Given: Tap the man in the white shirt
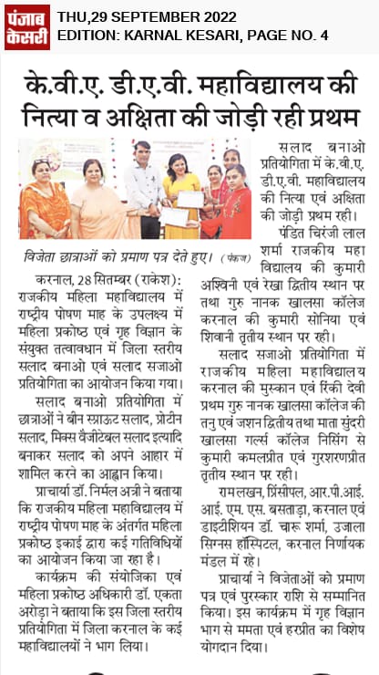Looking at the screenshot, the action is click(x=143, y=187).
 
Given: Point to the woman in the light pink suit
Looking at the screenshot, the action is click(x=95, y=205).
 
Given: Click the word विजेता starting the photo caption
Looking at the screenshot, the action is click(x=46, y=256).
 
